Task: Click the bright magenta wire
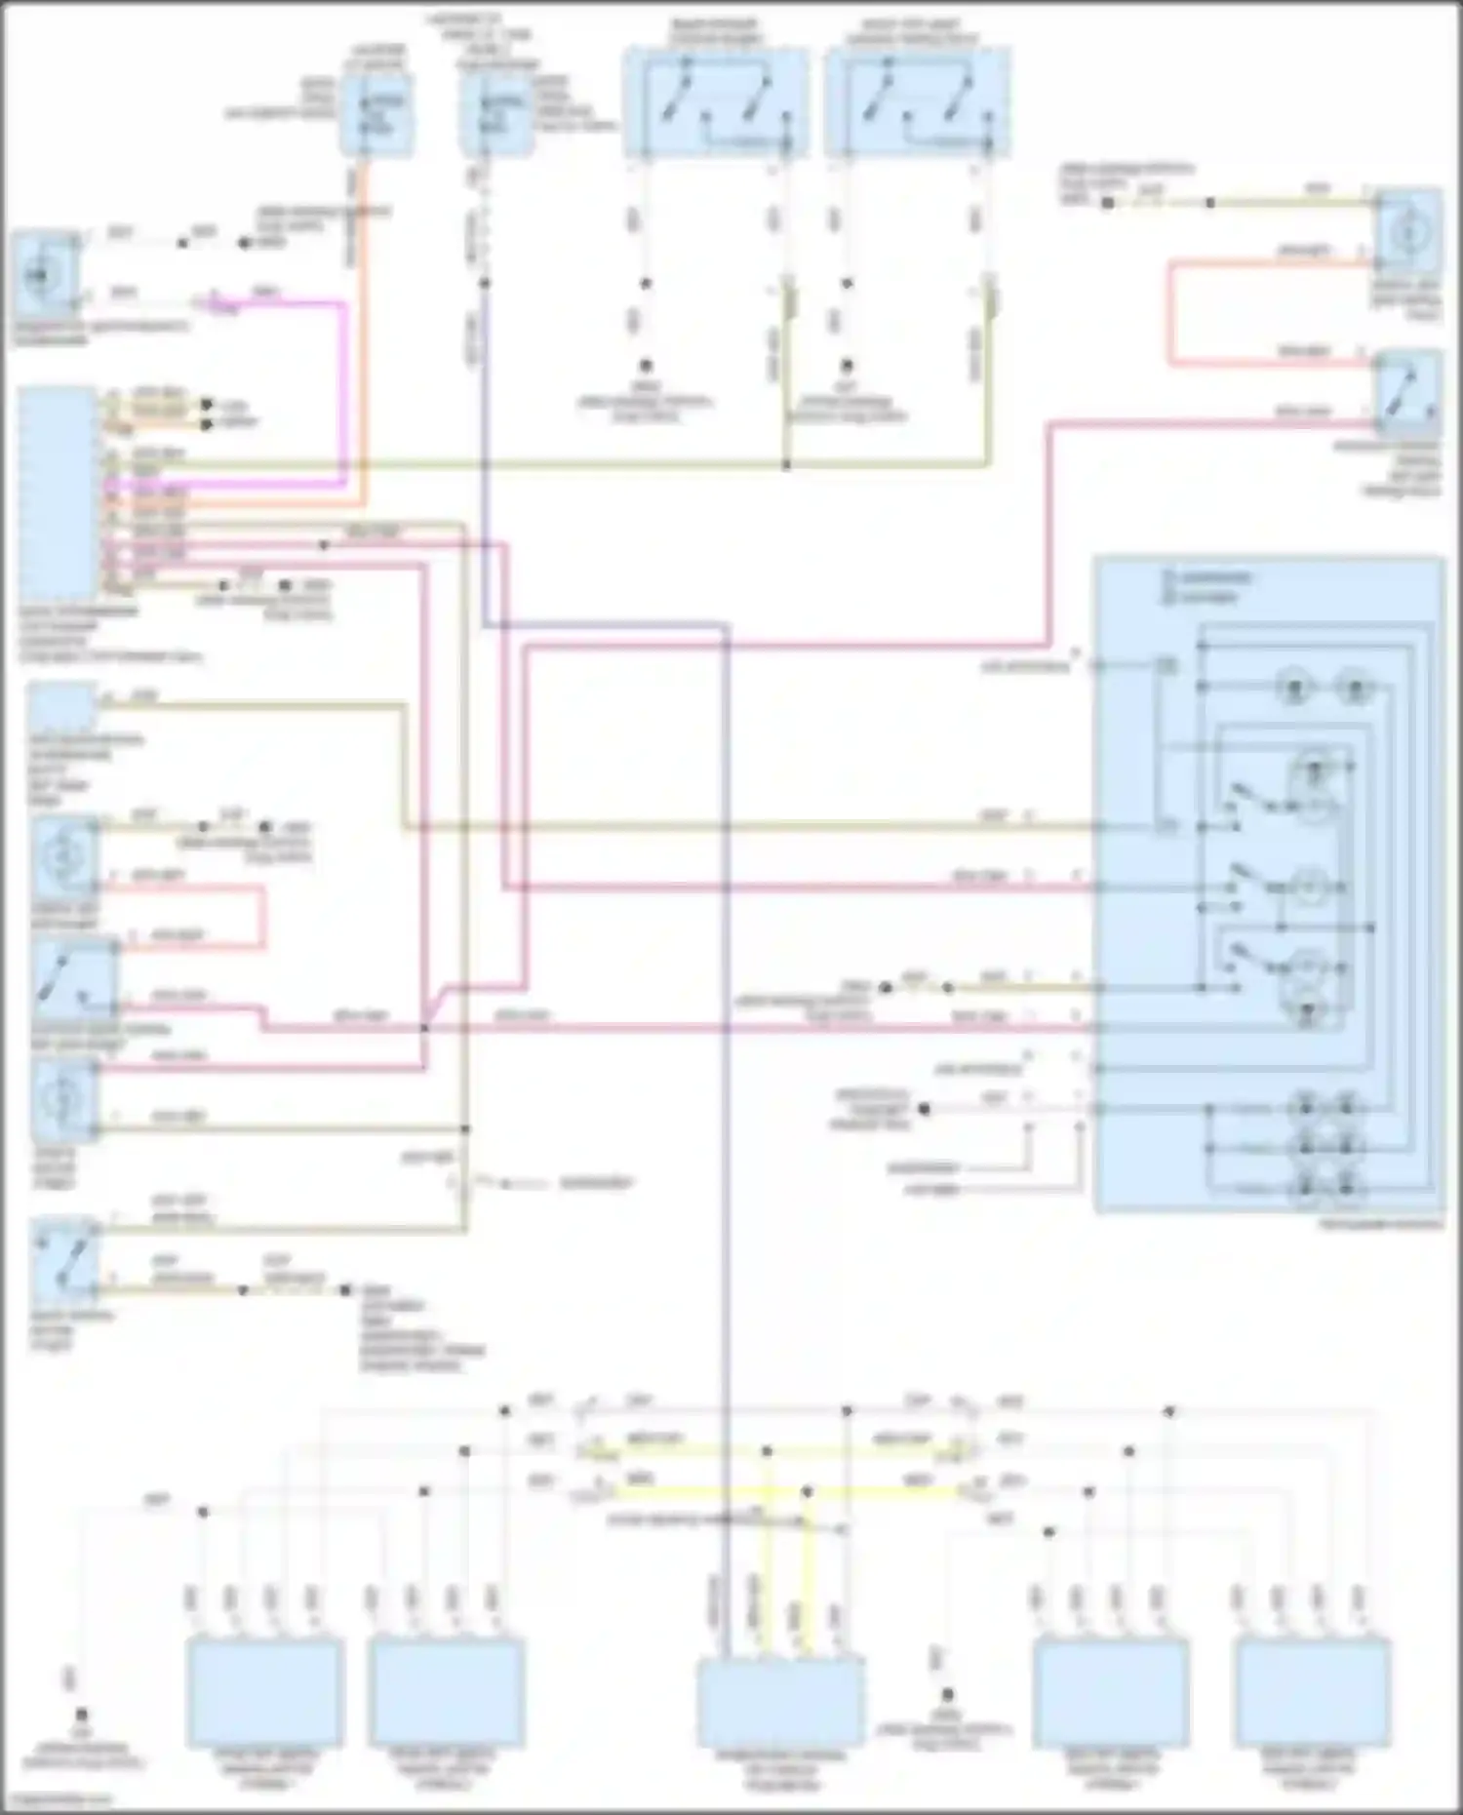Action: tap(343, 390)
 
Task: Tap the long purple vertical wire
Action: tap(728, 1073)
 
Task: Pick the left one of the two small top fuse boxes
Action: tap(376, 115)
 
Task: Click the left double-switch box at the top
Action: tap(716, 103)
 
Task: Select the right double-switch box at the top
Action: tap(917, 103)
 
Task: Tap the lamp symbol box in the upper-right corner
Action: tap(1407, 232)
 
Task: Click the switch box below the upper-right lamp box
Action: tap(1407, 392)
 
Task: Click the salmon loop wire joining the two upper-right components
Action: tap(1169, 312)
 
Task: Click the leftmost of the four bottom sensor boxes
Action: tap(264, 1692)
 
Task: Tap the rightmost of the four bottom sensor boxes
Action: tap(1312, 1692)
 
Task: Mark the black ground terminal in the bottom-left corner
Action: tap(81, 1714)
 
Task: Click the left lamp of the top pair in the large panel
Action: tap(1295, 689)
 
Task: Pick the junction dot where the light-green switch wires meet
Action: tap(786, 465)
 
